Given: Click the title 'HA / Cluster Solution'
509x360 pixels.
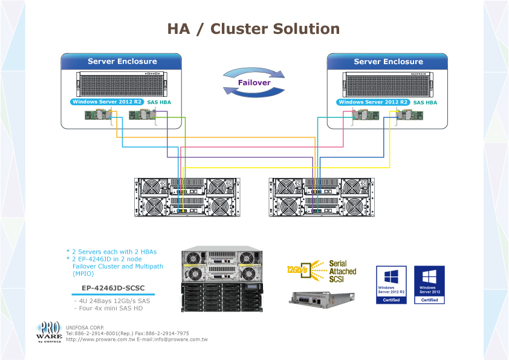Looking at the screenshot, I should (253, 29).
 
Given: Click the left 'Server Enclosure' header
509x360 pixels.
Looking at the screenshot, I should (122, 62).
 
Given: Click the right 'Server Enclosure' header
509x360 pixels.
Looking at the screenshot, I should (388, 62).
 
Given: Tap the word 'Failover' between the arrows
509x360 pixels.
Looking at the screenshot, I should (254, 83).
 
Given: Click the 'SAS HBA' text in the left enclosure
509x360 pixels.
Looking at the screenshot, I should (159, 103).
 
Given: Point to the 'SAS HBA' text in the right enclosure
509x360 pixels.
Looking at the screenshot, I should (425, 103).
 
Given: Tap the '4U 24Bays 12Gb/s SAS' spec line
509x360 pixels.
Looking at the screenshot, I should (111, 301).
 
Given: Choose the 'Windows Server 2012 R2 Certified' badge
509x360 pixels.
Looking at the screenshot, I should (391, 284).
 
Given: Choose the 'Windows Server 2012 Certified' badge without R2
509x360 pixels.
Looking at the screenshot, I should (429, 284).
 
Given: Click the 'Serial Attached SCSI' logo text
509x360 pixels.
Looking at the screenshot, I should (342, 272).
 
